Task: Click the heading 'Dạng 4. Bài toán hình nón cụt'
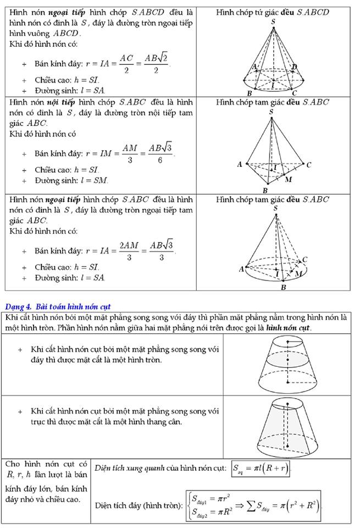coord(60,306)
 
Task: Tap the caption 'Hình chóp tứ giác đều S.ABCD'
coord(273,12)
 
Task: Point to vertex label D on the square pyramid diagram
coord(294,67)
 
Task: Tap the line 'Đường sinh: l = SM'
coord(71,180)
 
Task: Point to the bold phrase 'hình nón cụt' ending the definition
coord(289,327)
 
